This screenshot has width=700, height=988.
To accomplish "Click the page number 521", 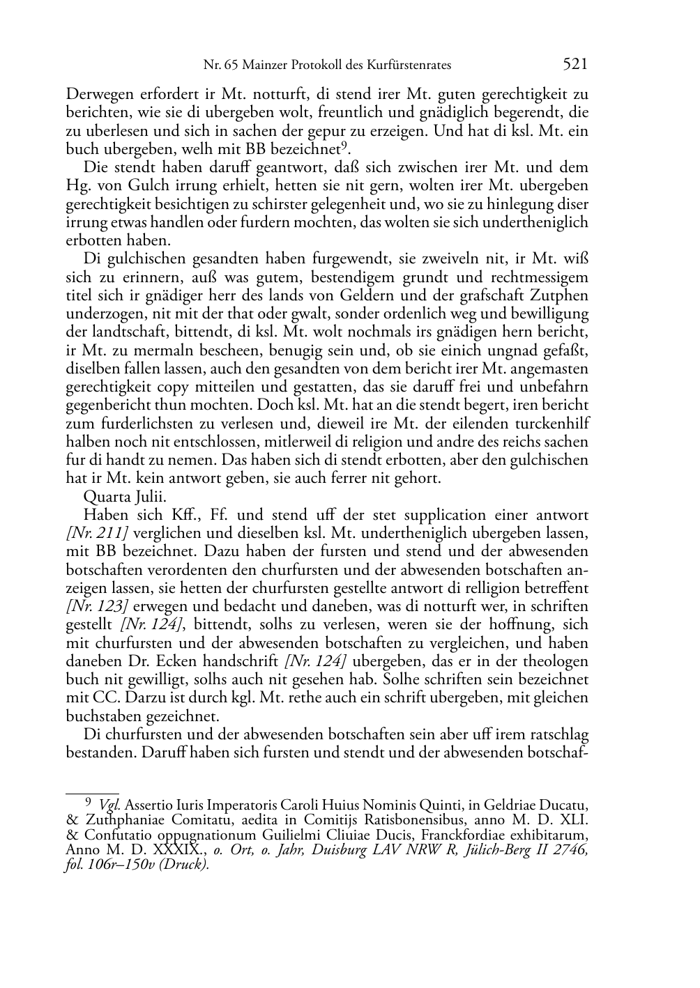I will [x=575, y=65].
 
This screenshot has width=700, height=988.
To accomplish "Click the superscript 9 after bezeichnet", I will [x=344, y=145].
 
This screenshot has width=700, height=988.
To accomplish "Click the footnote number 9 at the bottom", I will [x=88, y=802].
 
